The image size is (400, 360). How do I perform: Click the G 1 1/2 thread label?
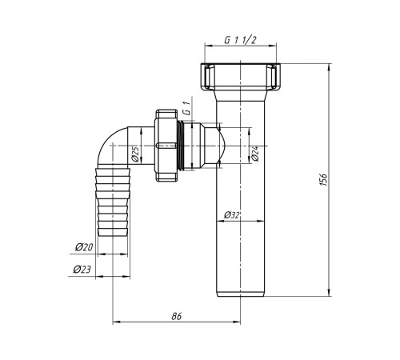click(x=240, y=40)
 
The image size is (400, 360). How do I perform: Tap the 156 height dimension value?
click(x=323, y=180)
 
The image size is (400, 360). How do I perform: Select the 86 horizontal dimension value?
click(x=177, y=316)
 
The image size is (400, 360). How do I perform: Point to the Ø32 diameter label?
click(x=232, y=215)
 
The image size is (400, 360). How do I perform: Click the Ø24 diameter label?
click(x=255, y=154)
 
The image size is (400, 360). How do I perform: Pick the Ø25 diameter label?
click(x=135, y=154)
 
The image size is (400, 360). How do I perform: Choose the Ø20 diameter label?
click(x=84, y=247)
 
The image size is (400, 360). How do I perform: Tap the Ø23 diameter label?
click(x=82, y=270)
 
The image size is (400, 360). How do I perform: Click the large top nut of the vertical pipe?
click(x=240, y=78)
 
